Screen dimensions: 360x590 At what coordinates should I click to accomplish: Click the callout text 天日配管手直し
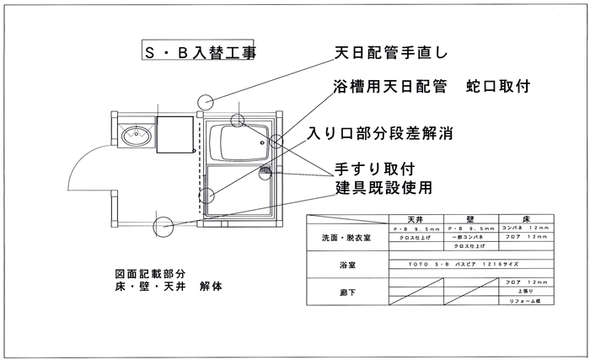[x=389, y=53]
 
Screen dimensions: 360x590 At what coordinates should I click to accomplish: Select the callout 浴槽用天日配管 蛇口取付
[x=433, y=87]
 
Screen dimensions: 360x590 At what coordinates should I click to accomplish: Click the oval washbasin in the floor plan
[x=132, y=136]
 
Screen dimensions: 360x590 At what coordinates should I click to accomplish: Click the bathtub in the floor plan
[x=237, y=142]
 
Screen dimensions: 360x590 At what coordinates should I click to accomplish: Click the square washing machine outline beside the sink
[x=174, y=133]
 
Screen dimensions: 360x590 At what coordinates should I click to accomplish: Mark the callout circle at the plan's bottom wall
[x=163, y=226]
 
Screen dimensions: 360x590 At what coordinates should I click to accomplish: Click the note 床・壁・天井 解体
[x=169, y=287]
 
